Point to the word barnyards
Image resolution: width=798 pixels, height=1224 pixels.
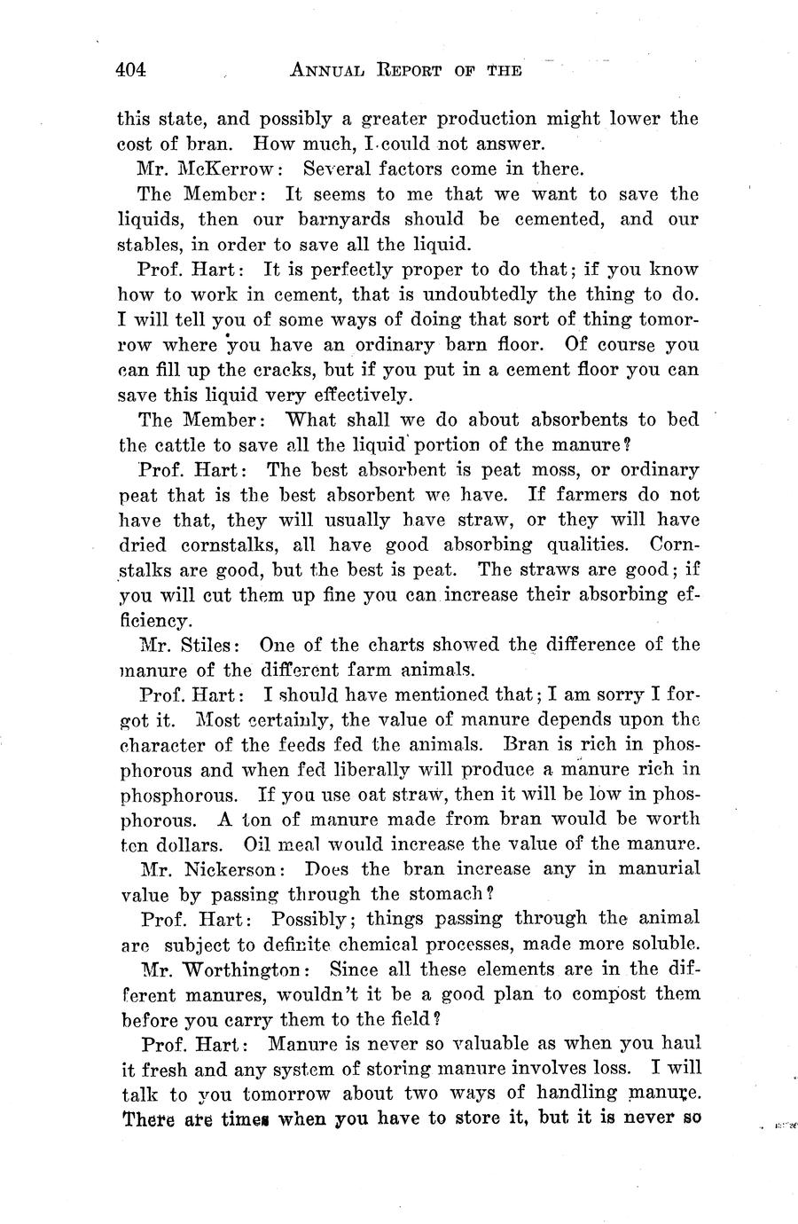click(344, 219)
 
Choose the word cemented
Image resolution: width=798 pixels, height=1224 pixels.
click(548, 219)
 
